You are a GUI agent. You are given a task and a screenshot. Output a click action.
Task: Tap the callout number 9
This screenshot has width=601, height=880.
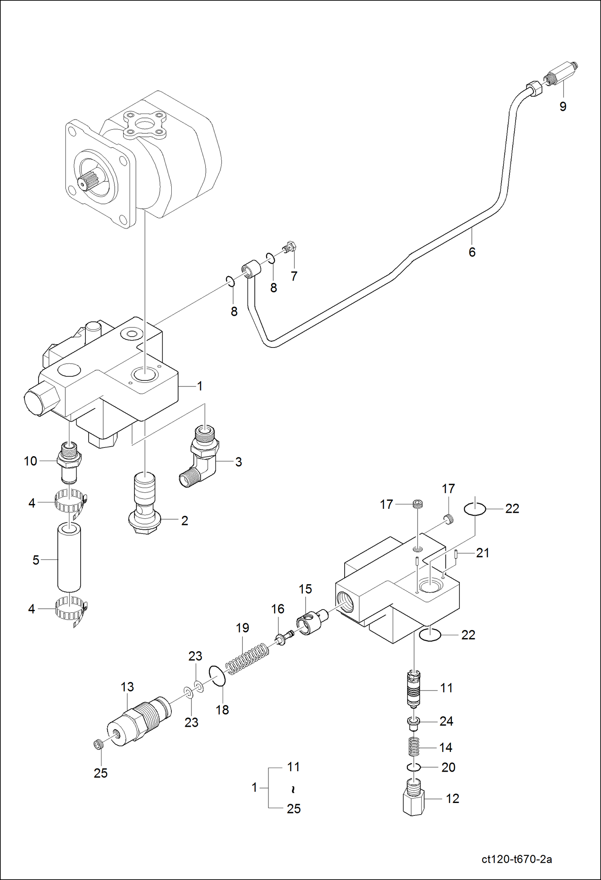(x=562, y=107)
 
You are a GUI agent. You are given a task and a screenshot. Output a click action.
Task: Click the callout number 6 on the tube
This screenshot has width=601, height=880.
(x=472, y=252)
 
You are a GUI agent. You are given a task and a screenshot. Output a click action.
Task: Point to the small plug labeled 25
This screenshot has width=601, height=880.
(x=99, y=745)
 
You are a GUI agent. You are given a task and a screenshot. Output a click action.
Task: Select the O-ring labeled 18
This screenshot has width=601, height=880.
(x=217, y=676)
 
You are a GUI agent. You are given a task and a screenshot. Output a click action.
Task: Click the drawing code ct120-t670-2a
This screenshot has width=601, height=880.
(x=517, y=859)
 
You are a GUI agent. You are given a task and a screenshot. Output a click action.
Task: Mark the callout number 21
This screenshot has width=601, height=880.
(x=483, y=553)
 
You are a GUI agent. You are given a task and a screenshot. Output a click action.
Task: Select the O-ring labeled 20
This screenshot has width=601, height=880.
(x=413, y=767)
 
